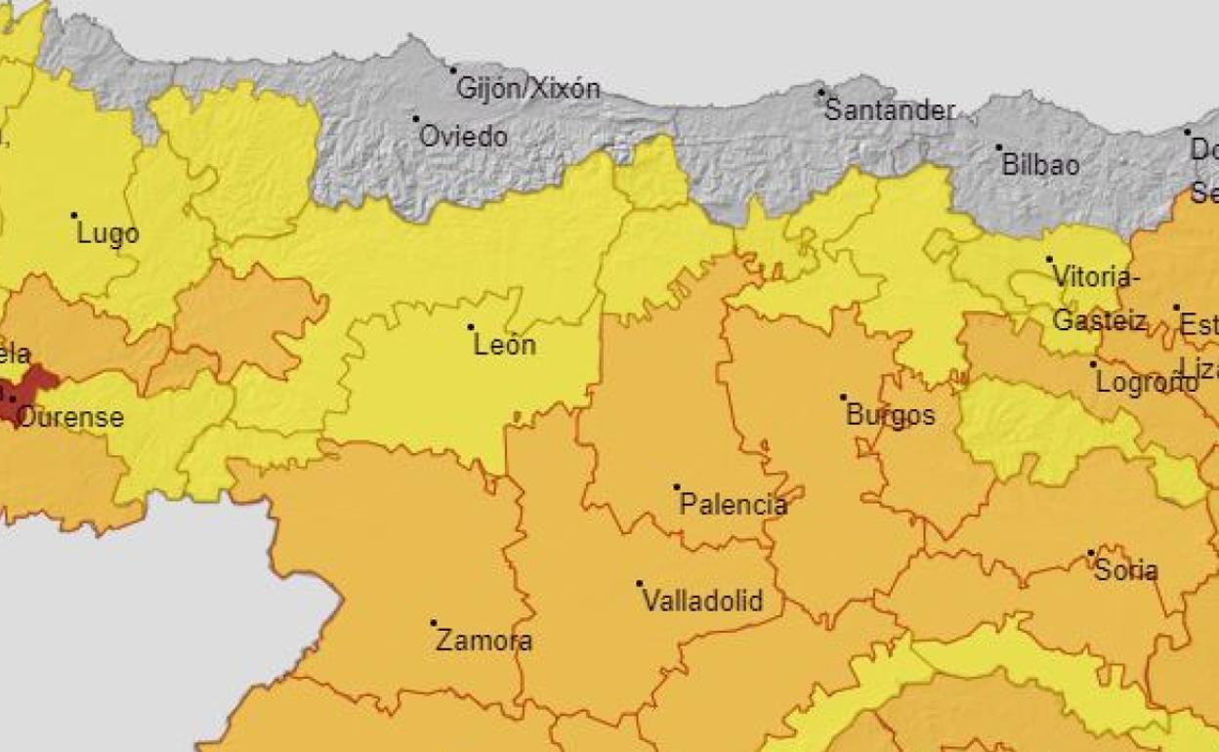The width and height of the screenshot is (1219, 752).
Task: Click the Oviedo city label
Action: click(x=463, y=137)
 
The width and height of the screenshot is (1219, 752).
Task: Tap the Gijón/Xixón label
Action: click(x=528, y=89)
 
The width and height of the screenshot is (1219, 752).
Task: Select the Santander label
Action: click(x=888, y=109)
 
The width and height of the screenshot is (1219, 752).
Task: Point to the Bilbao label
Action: click(x=1041, y=165)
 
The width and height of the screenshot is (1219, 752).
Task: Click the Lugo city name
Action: click(x=107, y=234)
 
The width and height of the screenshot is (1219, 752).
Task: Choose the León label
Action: click(x=504, y=345)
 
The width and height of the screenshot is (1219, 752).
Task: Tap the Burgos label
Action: click(x=890, y=416)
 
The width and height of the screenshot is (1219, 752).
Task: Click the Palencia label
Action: click(x=733, y=505)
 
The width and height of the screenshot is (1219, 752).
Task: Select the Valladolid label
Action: click(x=702, y=601)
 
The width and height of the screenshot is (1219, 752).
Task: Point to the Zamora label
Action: click(x=483, y=642)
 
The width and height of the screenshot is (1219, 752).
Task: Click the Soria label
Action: click(x=1126, y=570)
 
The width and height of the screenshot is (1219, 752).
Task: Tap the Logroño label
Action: click(x=1147, y=383)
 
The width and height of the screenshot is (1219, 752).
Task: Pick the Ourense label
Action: click(x=70, y=418)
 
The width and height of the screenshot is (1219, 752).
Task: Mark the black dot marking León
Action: click(x=471, y=327)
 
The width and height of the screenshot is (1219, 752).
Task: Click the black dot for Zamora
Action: click(x=434, y=622)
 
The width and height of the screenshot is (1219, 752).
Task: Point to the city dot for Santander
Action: click(x=820, y=93)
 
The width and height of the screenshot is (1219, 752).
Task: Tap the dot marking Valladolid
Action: click(x=640, y=583)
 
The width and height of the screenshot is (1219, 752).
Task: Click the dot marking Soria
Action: click(x=1091, y=553)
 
